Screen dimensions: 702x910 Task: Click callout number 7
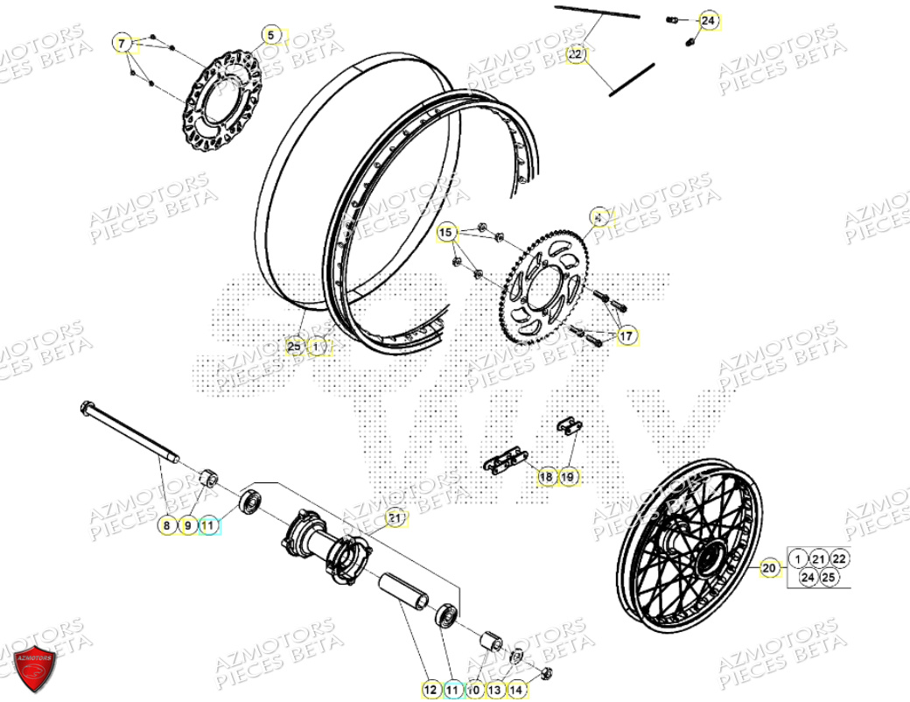tap(123, 43)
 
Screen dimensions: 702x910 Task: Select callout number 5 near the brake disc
tap(271, 36)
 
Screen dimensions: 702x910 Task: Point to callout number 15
tap(446, 233)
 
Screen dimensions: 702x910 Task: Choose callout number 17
tap(626, 335)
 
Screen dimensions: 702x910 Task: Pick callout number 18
tap(546, 476)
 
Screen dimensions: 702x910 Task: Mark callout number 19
tap(568, 476)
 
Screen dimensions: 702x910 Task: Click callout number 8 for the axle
tap(165, 525)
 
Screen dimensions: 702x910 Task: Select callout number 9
tap(186, 525)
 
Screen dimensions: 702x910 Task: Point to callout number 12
tap(430, 690)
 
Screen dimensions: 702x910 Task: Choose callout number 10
tap(473, 690)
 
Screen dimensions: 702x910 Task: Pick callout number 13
tap(495, 690)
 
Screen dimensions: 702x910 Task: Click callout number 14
tap(516, 690)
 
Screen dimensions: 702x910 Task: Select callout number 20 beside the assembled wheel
tap(769, 568)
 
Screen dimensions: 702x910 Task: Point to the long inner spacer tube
tap(404, 594)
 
